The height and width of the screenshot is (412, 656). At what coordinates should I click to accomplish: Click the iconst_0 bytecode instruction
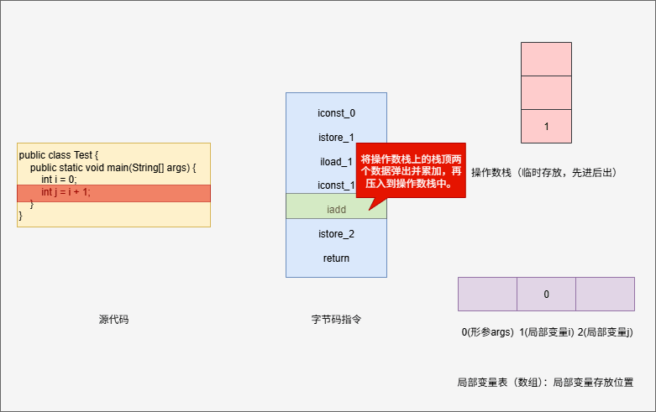coord(336,112)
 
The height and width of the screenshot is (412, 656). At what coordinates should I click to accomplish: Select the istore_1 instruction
coord(336,137)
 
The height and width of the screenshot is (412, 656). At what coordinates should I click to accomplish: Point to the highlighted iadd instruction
coord(336,206)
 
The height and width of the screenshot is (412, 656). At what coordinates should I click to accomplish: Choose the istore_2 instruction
coord(336,233)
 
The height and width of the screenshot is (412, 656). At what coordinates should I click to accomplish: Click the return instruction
coord(336,258)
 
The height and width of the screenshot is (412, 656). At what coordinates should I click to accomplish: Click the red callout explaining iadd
coord(410,170)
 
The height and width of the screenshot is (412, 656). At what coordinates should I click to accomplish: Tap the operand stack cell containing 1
coord(546,127)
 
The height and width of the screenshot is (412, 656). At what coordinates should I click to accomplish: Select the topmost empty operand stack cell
coord(546,59)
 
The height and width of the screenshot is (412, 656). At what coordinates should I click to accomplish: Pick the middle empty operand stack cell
coord(546,92)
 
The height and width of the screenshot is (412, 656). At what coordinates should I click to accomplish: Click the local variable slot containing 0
coord(546,295)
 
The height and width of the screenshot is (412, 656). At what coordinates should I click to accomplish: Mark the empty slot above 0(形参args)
coord(487,295)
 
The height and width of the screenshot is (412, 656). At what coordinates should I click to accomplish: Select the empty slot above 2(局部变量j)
coord(605,295)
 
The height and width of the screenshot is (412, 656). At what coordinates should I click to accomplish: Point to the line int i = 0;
coord(59,180)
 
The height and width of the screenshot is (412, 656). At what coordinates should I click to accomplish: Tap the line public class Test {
coord(59,155)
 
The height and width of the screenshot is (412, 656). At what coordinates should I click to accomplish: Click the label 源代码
coord(113,320)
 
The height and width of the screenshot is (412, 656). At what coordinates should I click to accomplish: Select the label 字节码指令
coord(336,320)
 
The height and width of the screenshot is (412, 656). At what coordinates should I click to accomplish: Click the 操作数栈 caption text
coord(544,173)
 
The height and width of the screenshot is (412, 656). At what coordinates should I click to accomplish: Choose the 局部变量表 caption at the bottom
coord(544,382)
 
